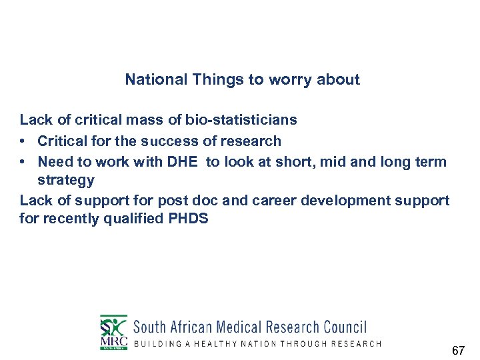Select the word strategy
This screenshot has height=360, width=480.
(66, 180)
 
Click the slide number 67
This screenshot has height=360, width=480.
(458, 350)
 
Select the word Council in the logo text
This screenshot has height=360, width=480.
(345, 327)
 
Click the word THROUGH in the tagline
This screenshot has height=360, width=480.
(305, 344)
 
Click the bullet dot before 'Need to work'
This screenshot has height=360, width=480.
(23, 161)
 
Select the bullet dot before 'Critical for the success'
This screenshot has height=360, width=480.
(23, 141)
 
